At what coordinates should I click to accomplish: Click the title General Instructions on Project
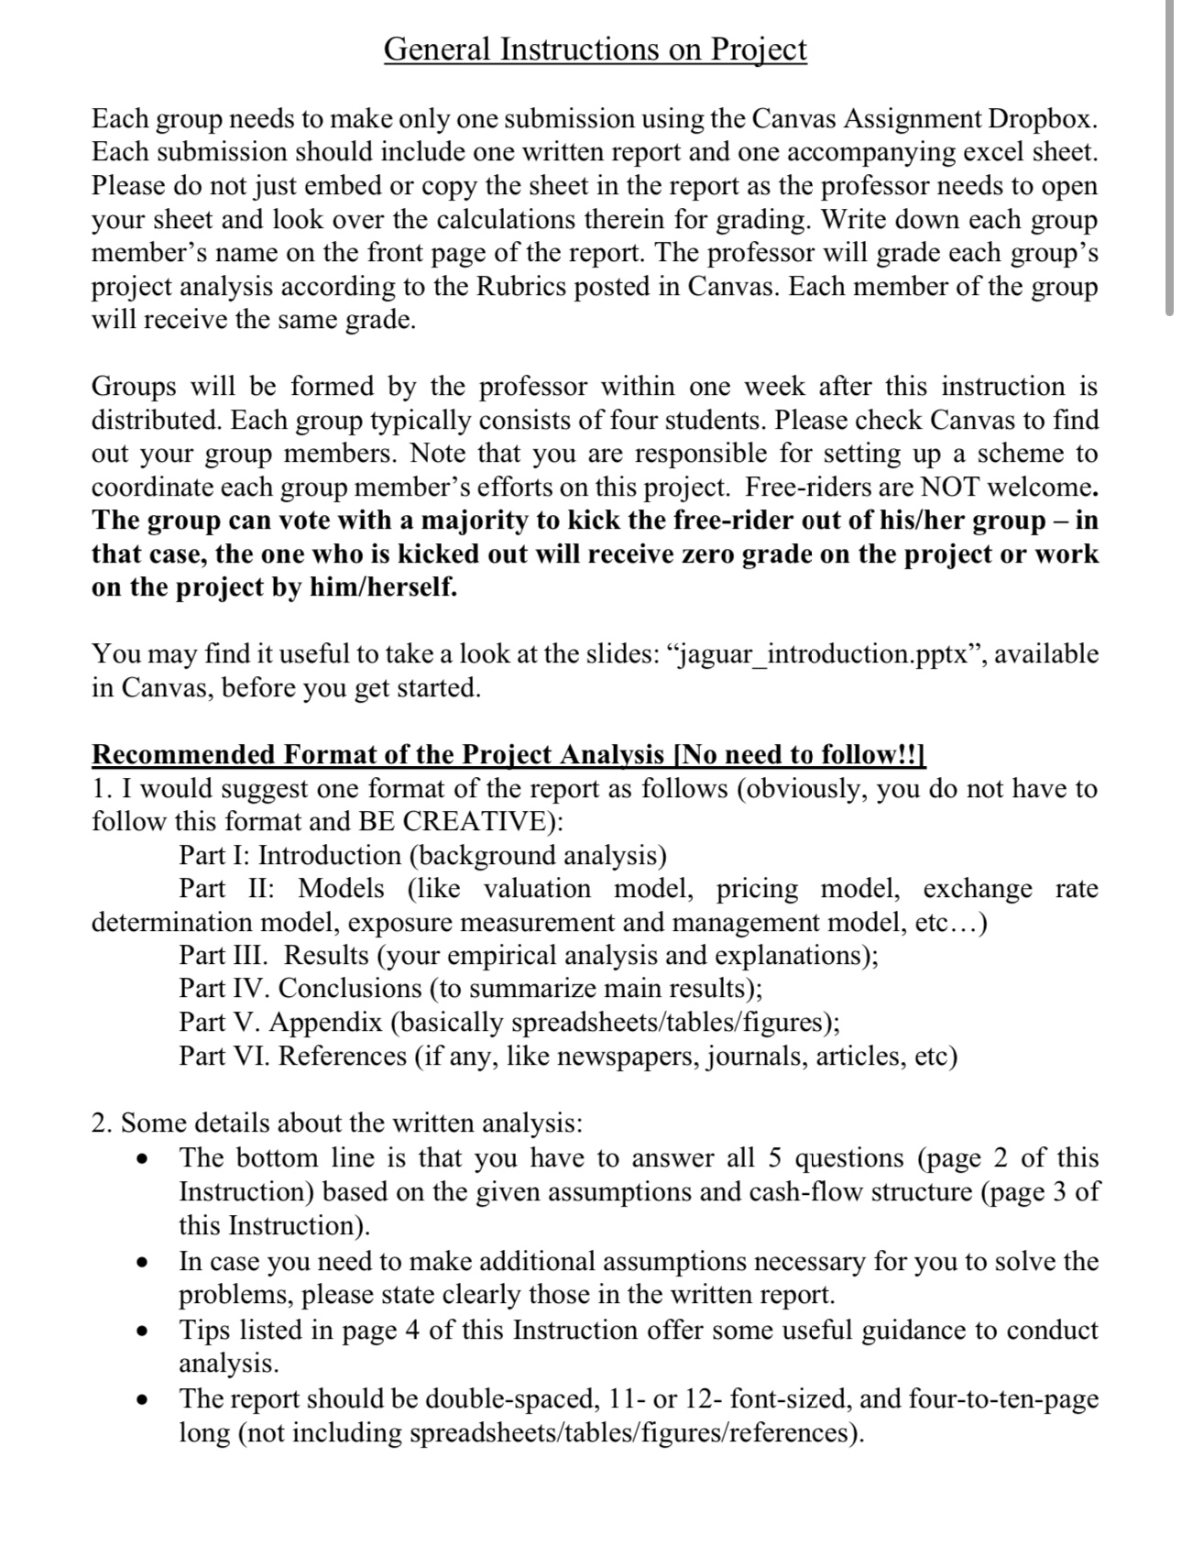tap(595, 49)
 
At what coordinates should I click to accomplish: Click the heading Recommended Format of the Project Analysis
tap(378, 754)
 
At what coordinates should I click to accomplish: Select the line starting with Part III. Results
tap(528, 955)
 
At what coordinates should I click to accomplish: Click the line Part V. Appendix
tap(509, 1022)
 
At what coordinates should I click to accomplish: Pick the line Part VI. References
tap(568, 1056)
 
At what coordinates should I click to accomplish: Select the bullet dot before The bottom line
tap(140, 1160)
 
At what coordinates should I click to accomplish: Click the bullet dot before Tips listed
tap(140, 1331)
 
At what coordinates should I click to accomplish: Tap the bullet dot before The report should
tap(140, 1400)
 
